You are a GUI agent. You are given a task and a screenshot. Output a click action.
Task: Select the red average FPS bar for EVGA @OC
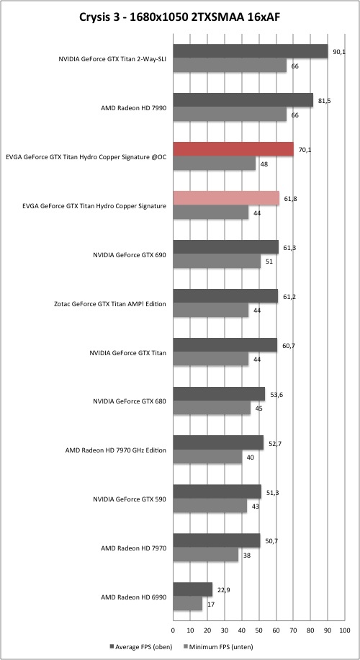coord(233,149)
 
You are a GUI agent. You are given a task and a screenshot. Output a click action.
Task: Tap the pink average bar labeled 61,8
coord(226,198)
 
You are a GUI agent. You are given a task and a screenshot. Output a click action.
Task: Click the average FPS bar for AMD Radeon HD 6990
coord(193,589)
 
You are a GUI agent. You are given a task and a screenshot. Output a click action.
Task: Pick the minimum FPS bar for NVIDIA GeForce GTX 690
coord(217,262)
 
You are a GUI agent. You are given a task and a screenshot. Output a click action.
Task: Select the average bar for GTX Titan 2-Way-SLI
coord(251,51)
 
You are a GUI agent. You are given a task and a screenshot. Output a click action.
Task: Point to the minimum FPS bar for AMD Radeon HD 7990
coord(230,115)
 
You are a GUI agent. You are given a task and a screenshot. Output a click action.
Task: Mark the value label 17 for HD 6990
coord(210,605)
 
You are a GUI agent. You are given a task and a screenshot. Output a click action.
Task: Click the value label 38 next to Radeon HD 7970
coord(246,556)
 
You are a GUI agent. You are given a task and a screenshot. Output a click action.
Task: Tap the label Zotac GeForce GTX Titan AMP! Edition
coord(110,303)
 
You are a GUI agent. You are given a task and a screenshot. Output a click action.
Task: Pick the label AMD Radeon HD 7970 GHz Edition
coord(116,450)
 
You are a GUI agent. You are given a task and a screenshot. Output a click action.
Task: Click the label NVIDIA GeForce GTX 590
coord(130,499)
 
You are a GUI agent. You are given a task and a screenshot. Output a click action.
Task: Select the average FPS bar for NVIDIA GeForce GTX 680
coord(219,394)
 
